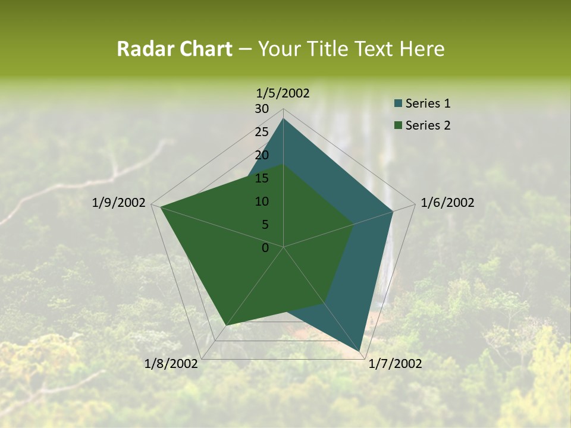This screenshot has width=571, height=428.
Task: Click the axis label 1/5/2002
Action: (x=283, y=93)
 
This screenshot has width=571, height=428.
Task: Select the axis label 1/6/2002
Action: (x=447, y=203)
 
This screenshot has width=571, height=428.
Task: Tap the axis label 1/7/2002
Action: (x=395, y=364)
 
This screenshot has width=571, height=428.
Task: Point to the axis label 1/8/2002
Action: (x=171, y=364)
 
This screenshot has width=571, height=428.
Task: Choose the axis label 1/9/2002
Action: (x=119, y=203)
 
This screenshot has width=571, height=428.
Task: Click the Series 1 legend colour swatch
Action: (x=398, y=103)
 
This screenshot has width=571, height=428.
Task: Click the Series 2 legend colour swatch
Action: (x=398, y=125)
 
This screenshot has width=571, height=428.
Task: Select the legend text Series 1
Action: (x=428, y=103)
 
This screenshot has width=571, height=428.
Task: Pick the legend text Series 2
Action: (x=428, y=125)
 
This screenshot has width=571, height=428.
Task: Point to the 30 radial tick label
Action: (x=262, y=109)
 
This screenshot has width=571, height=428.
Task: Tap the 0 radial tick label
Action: (x=265, y=248)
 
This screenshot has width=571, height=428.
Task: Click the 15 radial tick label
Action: (x=262, y=178)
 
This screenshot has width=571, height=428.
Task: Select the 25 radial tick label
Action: (x=262, y=132)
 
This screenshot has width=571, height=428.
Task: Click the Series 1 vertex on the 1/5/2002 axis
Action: (x=283, y=118)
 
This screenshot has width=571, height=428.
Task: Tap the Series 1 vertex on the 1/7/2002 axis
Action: (x=360, y=351)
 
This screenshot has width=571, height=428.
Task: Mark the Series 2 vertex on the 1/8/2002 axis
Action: (x=226, y=325)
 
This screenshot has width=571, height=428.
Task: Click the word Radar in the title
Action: (x=144, y=49)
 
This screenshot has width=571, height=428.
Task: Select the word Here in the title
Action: (x=422, y=49)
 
